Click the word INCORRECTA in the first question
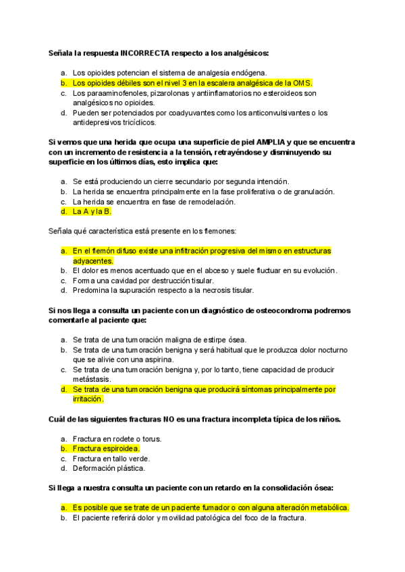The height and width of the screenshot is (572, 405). [x=144, y=53]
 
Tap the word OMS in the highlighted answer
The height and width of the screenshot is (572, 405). [x=301, y=82]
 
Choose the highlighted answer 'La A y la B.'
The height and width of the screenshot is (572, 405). [x=92, y=211]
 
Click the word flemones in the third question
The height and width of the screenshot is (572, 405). [x=219, y=231]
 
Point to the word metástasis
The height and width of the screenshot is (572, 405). [x=91, y=379]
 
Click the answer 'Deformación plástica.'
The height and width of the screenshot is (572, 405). [x=109, y=468]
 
